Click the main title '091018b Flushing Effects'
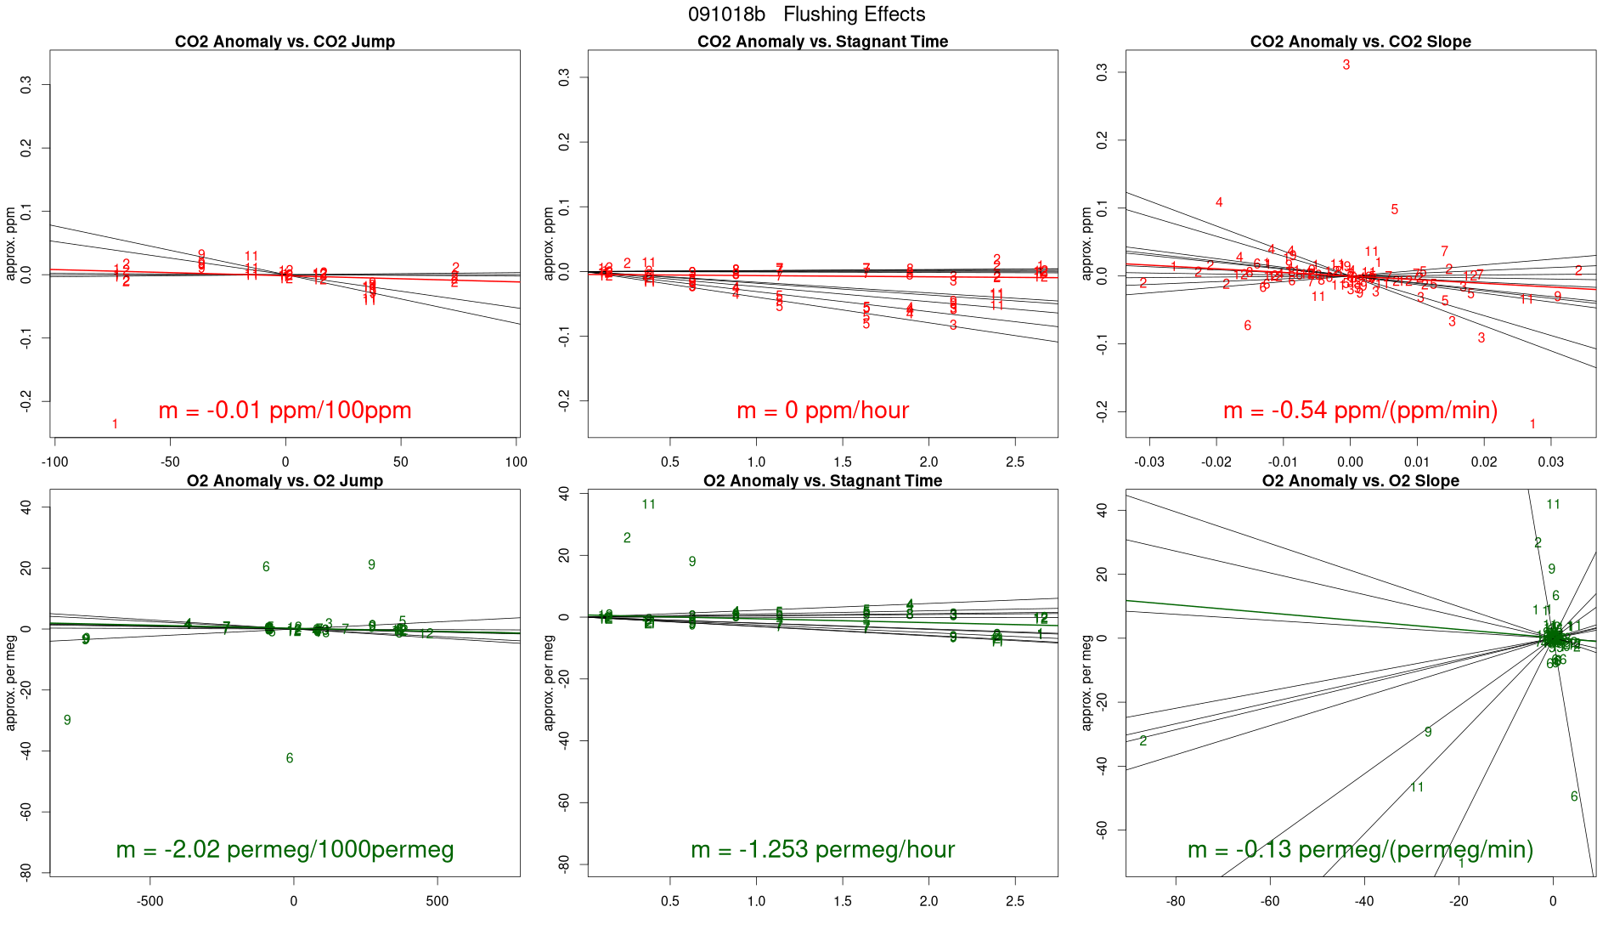pos(806,14)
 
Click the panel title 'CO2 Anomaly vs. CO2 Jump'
pos(285,42)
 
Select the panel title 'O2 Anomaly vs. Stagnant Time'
pos(822,481)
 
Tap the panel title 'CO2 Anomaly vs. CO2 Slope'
pos(1360,42)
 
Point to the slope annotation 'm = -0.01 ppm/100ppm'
pos(285,411)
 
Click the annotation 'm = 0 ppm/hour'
pos(822,411)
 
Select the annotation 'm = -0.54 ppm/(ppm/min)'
pos(1360,411)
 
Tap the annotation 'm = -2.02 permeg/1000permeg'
pos(285,849)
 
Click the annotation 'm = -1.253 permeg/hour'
pos(822,849)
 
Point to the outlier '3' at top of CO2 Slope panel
pos(1346,65)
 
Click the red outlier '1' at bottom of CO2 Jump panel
pos(115,424)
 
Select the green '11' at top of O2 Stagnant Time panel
pos(649,505)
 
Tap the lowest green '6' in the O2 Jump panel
pos(290,758)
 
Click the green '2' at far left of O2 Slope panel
pos(1143,741)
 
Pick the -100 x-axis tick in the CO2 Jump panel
pos(55,462)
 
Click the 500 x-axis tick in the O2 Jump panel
pos(437,901)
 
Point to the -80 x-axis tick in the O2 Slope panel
pos(1176,901)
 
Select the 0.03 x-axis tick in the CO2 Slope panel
pos(1551,462)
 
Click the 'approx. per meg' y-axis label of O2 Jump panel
pos(11,683)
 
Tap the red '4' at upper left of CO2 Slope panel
pos(1219,202)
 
